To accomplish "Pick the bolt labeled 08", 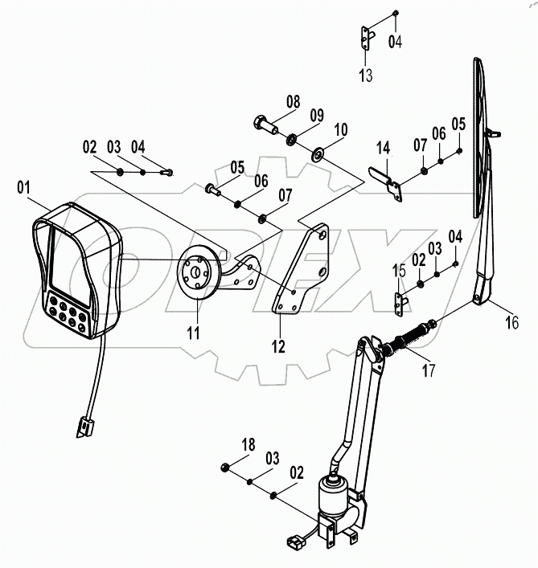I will tap(262, 125).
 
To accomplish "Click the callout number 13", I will tap(366, 76).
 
